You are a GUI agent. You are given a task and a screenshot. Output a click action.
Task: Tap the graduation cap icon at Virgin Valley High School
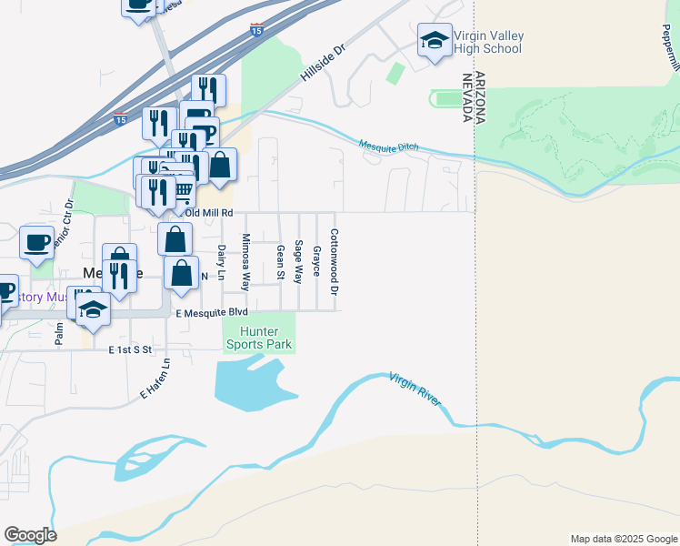point(435,40)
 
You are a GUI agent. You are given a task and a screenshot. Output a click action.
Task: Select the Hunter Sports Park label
point(259,339)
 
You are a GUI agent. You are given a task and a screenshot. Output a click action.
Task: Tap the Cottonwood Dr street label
point(335,261)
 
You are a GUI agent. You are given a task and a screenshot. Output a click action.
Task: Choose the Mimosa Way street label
point(245,261)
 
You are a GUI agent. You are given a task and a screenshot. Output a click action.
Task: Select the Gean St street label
point(280,263)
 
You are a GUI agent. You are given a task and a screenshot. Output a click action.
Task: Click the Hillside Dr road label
point(324,68)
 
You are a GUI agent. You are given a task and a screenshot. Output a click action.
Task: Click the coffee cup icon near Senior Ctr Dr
point(36,242)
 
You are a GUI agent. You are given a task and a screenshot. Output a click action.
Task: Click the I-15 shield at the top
point(258,30)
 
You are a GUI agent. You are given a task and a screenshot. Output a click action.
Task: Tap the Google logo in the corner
point(30,535)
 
